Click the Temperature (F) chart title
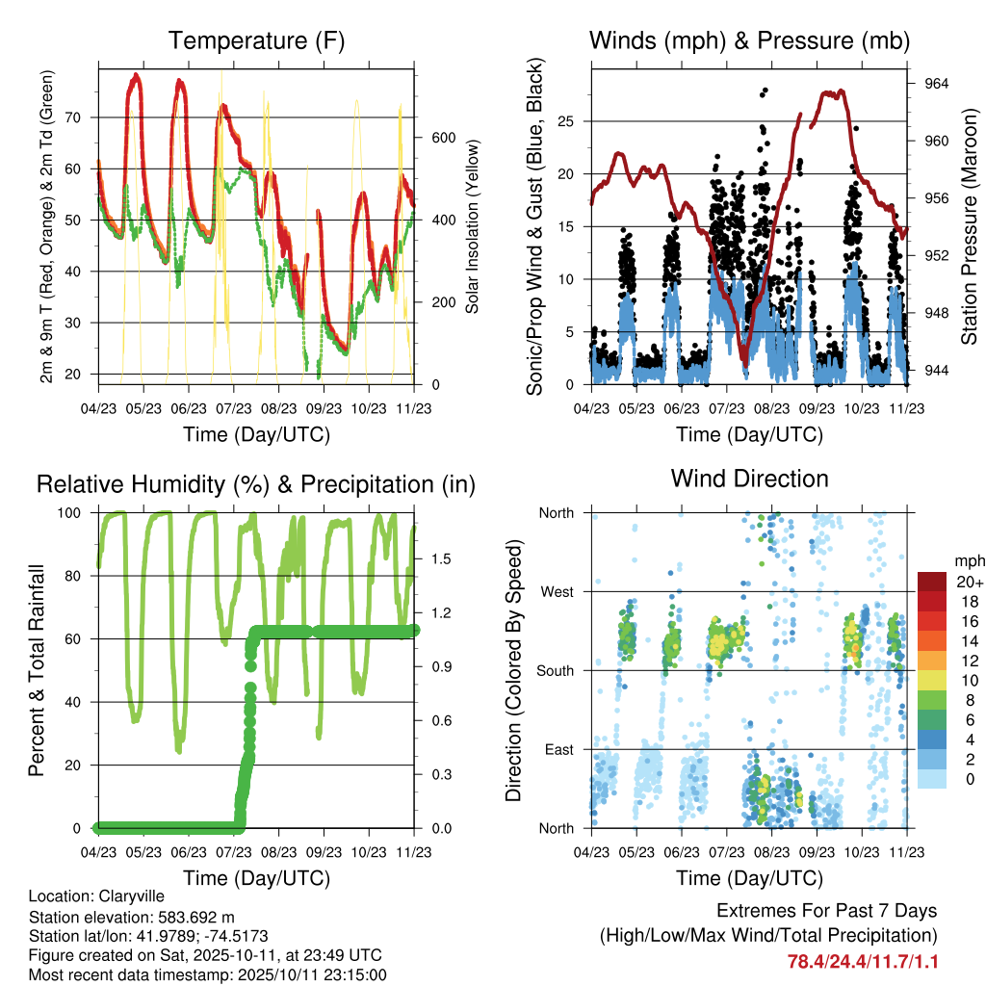pos(255,41)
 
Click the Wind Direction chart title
pos(749,479)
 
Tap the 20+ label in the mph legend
pos(969,582)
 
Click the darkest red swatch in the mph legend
pos(933,582)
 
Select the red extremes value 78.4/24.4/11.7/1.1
pos(862,962)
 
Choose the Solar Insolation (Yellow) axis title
pos(472,227)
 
